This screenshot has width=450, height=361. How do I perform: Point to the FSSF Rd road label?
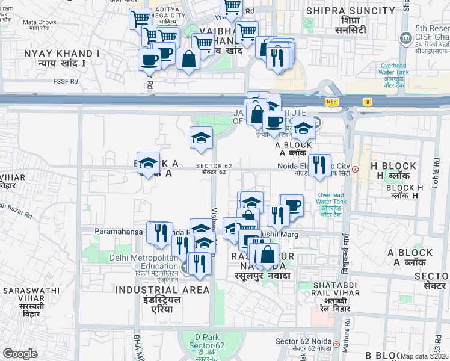[66, 81]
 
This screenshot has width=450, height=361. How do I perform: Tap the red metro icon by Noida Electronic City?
[356, 169]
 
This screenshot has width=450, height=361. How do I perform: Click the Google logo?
[20, 354]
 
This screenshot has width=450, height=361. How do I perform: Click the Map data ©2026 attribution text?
[424, 356]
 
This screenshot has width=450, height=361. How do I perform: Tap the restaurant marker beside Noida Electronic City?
[319, 164]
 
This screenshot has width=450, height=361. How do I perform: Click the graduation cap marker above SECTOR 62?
[201, 137]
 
